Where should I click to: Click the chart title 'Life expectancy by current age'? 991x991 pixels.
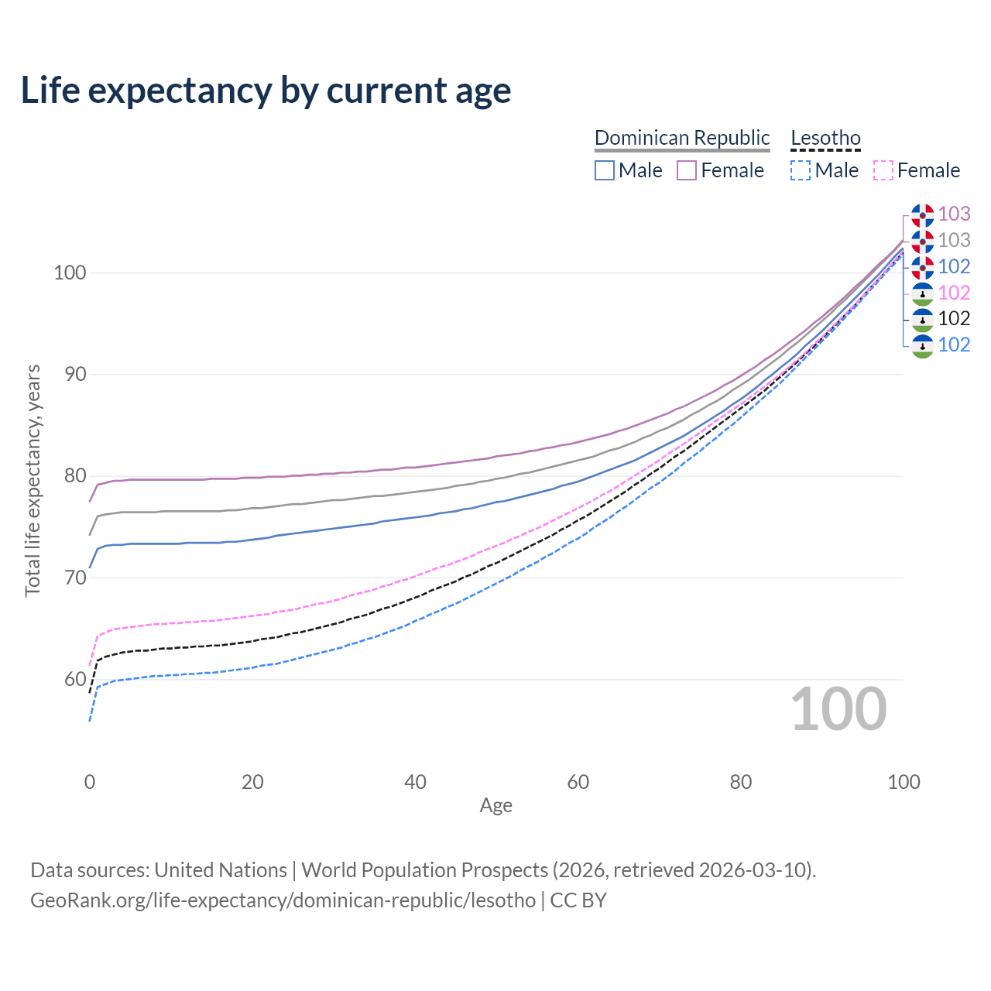266,91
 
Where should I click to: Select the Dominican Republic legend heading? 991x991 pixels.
682,138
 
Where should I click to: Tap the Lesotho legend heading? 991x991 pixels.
825,138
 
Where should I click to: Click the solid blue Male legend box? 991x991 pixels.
605,170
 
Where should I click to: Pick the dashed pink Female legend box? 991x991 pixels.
883,170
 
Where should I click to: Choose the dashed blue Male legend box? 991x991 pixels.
801,170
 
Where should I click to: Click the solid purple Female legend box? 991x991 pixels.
687,170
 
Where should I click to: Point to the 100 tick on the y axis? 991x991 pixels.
69,273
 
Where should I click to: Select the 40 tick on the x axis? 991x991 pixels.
415,782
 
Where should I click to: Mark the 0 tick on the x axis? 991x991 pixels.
90,782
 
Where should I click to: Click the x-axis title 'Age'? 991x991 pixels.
495,806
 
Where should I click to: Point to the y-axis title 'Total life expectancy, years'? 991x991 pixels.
33,481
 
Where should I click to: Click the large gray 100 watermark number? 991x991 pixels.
838,709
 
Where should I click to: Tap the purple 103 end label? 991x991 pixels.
954,214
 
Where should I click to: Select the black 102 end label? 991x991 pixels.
954,318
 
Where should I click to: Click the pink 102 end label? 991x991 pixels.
954,293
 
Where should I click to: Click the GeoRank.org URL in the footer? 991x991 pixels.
283,900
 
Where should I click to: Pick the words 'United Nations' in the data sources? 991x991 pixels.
221,870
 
